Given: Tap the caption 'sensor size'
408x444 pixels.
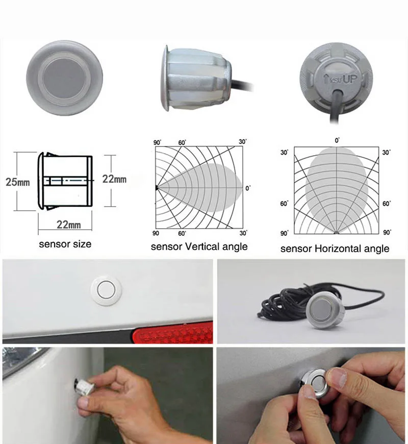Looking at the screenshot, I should pos(65,244).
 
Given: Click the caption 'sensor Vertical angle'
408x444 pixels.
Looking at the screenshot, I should pos(199,246).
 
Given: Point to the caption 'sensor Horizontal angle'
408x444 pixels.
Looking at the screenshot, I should pos(335,249).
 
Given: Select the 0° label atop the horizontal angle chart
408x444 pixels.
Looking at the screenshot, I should pos(337,140).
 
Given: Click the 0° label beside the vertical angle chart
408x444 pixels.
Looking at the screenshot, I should pos(248,188).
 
